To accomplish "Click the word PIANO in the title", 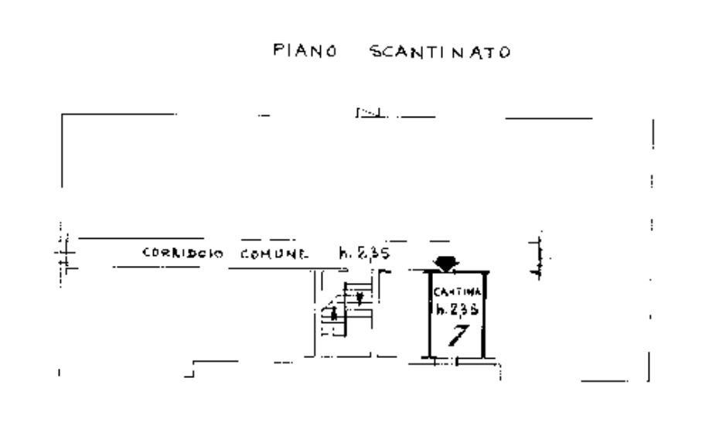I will [305, 51].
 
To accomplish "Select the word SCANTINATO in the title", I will [440, 52].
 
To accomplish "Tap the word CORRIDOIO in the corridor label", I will [183, 253].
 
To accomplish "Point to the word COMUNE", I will [274, 254].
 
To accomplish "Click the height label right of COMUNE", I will [364, 253].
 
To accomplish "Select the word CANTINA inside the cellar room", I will [457, 292].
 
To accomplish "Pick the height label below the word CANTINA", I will [457, 310].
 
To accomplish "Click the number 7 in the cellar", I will [459, 335].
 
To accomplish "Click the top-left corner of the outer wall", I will [62, 114].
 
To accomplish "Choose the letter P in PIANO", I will [278, 51].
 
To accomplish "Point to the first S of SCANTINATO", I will [377, 52].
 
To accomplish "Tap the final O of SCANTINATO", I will [504, 53].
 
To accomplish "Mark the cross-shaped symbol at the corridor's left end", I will [64, 253].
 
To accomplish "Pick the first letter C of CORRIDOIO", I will [146, 253].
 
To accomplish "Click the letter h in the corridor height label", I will [343, 253].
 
